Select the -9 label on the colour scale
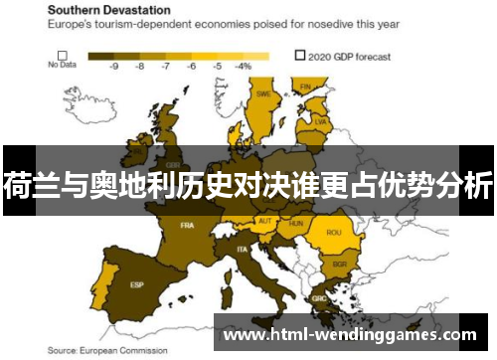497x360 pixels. pyautogui.click(x=114, y=67)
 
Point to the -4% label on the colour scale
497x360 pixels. pyautogui.click(x=243, y=67)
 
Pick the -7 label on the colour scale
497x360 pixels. pyautogui.click(x=165, y=67)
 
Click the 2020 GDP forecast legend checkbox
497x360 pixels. pyautogui.click(x=301, y=56)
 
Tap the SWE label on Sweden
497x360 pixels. pyautogui.click(x=264, y=93)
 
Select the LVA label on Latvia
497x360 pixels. pyautogui.click(x=320, y=121)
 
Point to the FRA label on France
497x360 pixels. pyautogui.click(x=187, y=226)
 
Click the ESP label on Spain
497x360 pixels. pyautogui.click(x=136, y=285)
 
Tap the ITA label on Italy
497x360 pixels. pyautogui.click(x=242, y=249)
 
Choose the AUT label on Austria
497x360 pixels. pyautogui.click(x=264, y=221)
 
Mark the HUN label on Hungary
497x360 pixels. pyautogui.click(x=295, y=224)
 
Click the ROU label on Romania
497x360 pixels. pyautogui.click(x=333, y=233)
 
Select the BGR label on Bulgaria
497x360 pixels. pyautogui.click(x=339, y=265)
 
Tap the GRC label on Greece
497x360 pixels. pyautogui.click(x=318, y=297)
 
